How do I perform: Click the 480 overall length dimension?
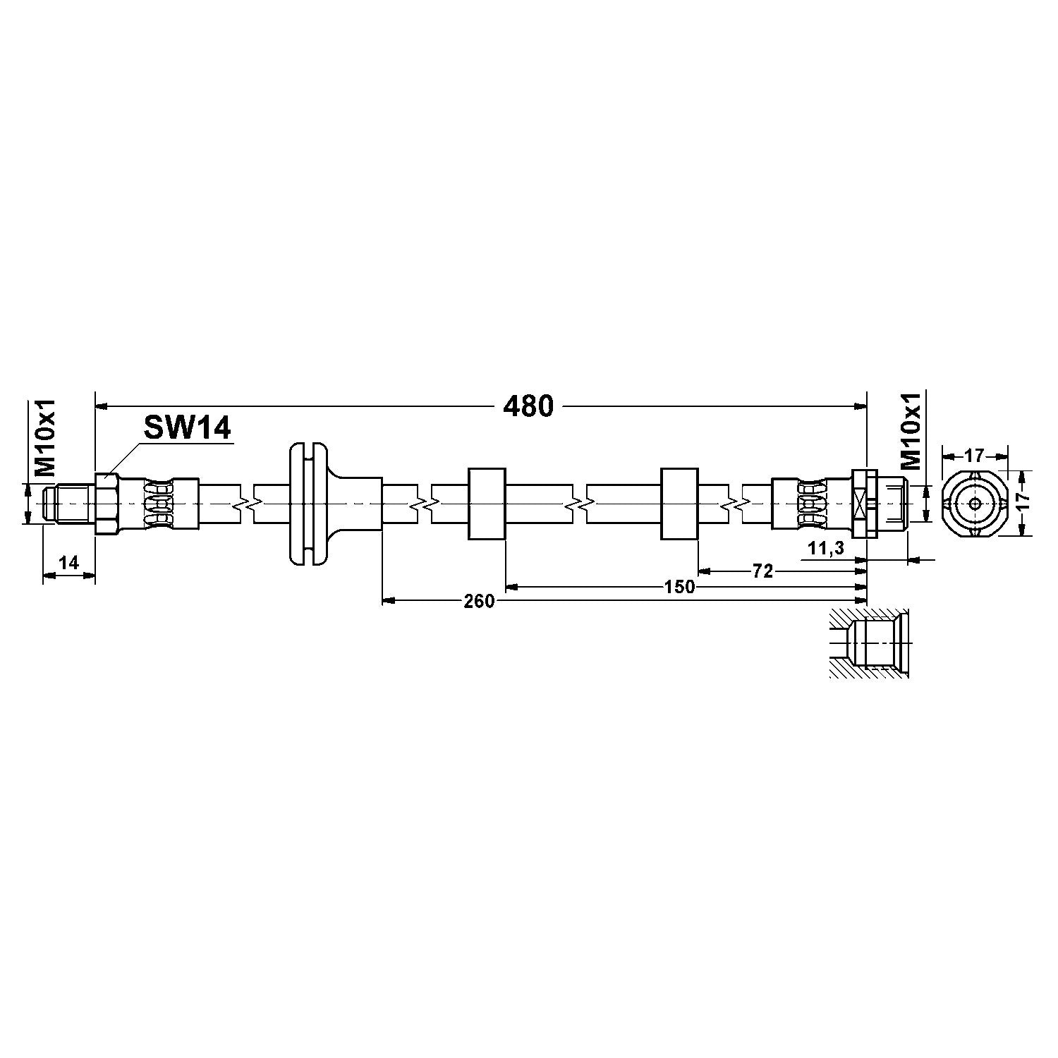(528, 406)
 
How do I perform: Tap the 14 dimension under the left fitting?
(68, 563)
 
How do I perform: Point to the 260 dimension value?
(479, 601)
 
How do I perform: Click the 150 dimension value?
(679, 587)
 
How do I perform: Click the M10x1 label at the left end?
(46, 437)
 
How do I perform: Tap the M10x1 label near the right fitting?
(911, 432)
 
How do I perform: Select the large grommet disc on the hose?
(308, 504)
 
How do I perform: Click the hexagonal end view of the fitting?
(974, 504)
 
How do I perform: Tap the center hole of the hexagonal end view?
(974, 504)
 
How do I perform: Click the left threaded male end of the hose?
(69, 504)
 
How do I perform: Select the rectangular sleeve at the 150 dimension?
(487, 504)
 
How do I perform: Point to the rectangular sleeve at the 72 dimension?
(679, 504)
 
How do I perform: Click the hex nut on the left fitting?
(107, 504)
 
